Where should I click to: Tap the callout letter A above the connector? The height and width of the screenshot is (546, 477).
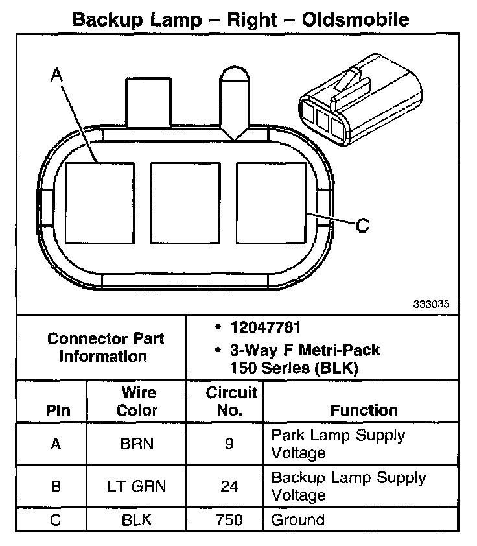pyautogui.click(x=57, y=77)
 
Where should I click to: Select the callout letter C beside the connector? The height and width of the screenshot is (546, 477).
pyautogui.click(x=363, y=225)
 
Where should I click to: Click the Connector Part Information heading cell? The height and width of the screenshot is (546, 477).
pyautogui.click(x=106, y=348)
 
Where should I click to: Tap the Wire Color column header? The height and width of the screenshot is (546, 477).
pyautogui.click(x=138, y=401)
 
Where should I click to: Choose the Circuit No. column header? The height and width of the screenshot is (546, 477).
pyautogui.click(x=231, y=401)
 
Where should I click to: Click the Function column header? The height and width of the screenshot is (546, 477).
pyautogui.click(x=364, y=410)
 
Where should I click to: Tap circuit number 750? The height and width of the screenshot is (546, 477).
pyautogui.click(x=229, y=520)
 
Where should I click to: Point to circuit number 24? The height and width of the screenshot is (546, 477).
pyautogui.click(x=229, y=486)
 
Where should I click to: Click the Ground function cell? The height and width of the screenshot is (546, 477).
pyautogui.click(x=297, y=520)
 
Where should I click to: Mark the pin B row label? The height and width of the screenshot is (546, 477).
pyautogui.click(x=56, y=486)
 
